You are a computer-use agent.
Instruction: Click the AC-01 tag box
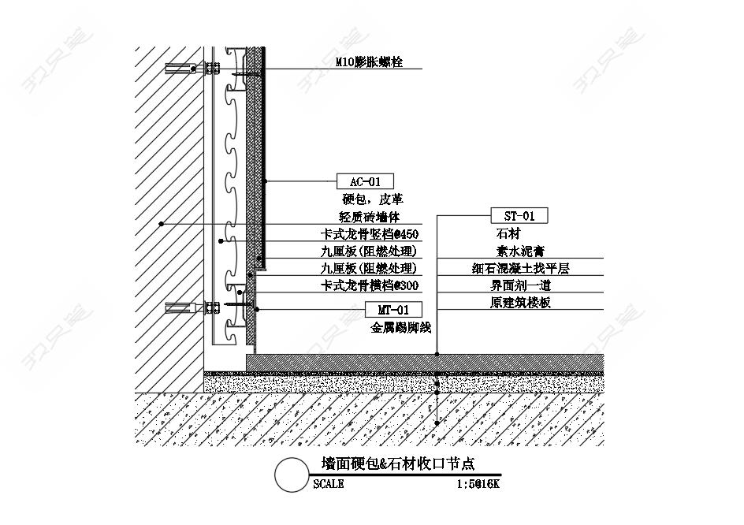[365, 181]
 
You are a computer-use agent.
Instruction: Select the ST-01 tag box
[519, 216]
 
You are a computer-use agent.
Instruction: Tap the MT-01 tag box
[393, 310]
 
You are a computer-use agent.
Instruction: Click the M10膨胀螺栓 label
[369, 61]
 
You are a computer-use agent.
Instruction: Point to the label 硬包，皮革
[373, 199]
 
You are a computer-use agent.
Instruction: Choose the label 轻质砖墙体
[370, 217]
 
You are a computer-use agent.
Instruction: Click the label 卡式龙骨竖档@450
[370, 234]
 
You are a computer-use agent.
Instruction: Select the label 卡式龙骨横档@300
[370, 285]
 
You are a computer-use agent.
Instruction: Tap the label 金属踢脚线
[401, 327]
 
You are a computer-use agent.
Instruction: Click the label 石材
[508, 233]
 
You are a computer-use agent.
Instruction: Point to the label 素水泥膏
[520, 251]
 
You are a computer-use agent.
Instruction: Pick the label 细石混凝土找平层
[520, 268]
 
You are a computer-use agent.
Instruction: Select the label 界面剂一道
[520, 285]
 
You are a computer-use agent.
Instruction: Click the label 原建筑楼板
[520, 303]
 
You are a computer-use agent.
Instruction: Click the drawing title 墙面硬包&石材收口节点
[398, 464]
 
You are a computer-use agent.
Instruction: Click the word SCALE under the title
[329, 484]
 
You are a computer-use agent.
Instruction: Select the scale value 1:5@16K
[478, 484]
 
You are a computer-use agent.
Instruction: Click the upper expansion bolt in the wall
[192, 69]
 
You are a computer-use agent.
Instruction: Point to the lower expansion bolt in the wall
[192, 308]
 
